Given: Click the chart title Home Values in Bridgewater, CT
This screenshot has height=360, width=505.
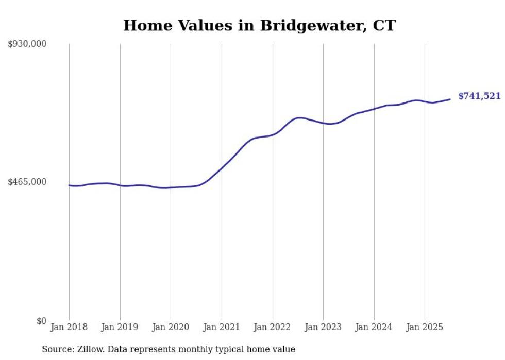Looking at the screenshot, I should (x=259, y=25).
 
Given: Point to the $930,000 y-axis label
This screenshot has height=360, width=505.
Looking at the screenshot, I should (x=27, y=44).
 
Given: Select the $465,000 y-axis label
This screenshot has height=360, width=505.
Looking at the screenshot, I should (x=27, y=182).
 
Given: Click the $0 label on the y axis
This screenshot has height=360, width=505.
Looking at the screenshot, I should (x=41, y=321).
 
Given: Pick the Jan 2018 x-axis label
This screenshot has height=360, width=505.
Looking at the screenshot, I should (x=69, y=327).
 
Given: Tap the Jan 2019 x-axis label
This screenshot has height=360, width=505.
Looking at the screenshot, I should (x=120, y=327).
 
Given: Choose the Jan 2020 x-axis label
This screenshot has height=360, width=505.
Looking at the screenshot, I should (x=171, y=327).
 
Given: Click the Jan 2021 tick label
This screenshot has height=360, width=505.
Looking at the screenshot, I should (x=222, y=327).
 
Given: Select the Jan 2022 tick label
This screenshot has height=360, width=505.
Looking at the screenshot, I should (x=273, y=327).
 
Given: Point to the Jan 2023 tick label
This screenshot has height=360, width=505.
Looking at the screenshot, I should (x=323, y=327).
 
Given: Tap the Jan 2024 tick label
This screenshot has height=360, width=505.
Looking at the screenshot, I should (x=374, y=327).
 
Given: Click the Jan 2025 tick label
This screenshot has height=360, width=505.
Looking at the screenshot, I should (x=425, y=327).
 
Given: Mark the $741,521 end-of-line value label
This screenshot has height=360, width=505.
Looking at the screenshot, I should (x=479, y=96).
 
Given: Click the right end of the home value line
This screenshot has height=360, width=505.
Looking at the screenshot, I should (x=450, y=99).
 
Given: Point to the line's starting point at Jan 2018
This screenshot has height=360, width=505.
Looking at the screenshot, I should (x=70, y=185).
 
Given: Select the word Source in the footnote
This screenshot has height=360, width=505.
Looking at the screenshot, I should (x=57, y=349).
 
